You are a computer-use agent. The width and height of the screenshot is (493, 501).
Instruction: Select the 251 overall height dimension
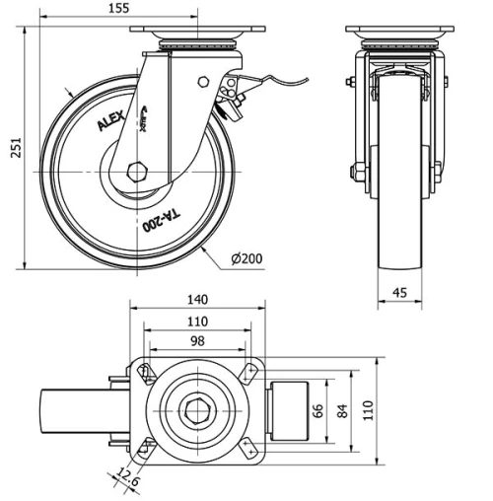[10, 147]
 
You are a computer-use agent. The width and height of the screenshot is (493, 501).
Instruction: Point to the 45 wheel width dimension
[400, 291]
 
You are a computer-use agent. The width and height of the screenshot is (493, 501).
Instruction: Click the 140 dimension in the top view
[197, 300]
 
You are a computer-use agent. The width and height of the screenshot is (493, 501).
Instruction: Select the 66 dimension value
[318, 410]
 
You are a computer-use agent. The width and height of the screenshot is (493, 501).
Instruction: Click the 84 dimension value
[344, 410]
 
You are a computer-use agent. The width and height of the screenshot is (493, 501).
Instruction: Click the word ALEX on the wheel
[110, 121]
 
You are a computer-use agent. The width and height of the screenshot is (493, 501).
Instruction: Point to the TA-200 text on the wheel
[160, 220]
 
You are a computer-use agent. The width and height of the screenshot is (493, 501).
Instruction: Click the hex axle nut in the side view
[136, 171]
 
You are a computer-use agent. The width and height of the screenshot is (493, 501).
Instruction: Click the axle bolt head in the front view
[353, 172]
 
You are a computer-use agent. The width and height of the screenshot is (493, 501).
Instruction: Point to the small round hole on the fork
[204, 83]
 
